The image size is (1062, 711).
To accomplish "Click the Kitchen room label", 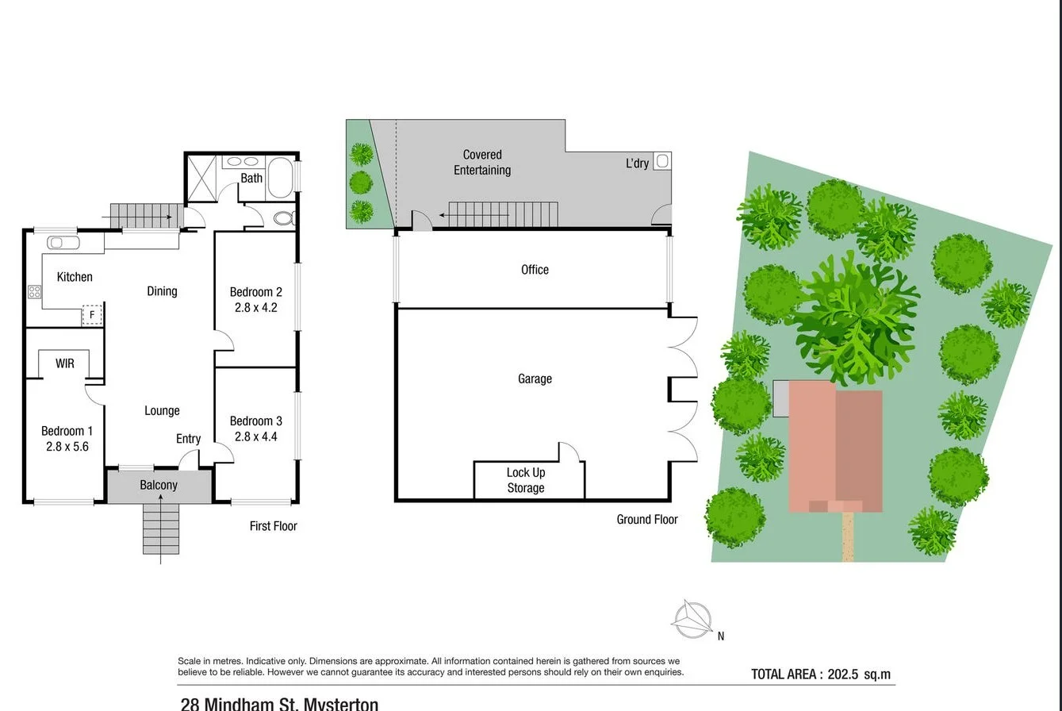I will (x=75, y=277).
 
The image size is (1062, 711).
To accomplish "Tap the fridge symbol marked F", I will (x=92, y=315).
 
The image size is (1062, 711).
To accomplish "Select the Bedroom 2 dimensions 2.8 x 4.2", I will (x=256, y=307).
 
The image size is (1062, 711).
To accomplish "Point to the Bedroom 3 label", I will (x=256, y=421).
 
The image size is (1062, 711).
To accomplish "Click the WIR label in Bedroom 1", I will (x=65, y=363).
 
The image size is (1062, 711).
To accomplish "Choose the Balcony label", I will (x=159, y=485).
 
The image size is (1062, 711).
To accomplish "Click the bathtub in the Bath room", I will (x=280, y=177).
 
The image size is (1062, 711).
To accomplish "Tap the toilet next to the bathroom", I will (x=283, y=218).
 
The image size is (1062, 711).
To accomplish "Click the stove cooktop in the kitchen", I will (x=35, y=292).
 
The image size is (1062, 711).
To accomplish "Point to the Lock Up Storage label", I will (x=526, y=480).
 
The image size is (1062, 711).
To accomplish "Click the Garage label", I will (x=535, y=379).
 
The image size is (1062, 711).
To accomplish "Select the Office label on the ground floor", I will (x=535, y=270).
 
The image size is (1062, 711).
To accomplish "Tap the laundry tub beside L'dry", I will (x=662, y=161).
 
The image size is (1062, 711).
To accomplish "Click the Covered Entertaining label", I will (x=482, y=163).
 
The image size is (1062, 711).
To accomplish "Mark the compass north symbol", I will (x=692, y=619).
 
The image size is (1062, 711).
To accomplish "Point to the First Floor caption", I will (x=273, y=526).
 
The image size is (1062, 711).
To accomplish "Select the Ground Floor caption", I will (x=647, y=520).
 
